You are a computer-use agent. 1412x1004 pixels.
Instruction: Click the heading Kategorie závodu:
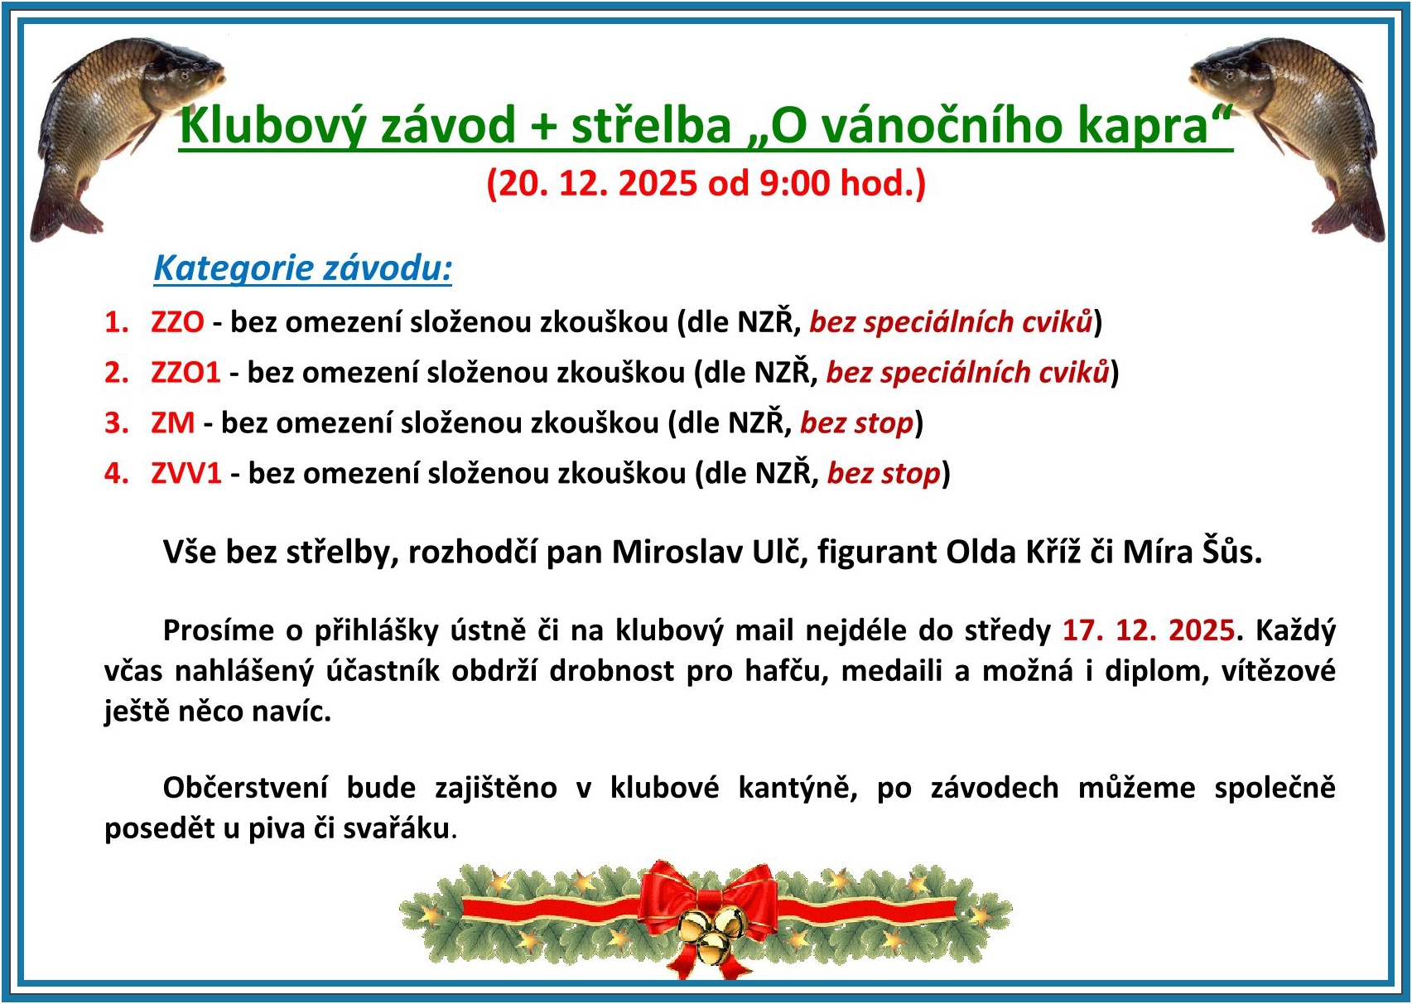pyautogui.click(x=303, y=268)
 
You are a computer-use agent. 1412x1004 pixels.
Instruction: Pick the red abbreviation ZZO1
pyautogui.click(x=186, y=372)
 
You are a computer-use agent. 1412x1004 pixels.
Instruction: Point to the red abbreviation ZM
pyautogui.click(x=173, y=422)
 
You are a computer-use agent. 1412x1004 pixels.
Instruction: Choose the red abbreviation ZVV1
pyautogui.click(x=186, y=473)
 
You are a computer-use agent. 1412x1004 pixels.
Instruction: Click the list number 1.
pyautogui.click(x=117, y=322)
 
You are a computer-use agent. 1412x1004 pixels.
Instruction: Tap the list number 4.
pyautogui.click(x=117, y=473)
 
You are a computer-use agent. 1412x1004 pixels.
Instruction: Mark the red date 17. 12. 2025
pyautogui.click(x=1149, y=630)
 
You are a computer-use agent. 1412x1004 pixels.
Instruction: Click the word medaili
pyautogui.click(x=891, y=670)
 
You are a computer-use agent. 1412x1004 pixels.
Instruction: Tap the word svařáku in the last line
pyautogui.click(x=397, y=828)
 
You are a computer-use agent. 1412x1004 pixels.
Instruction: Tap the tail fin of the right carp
pyautogui.click(x=1349, y=215)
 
